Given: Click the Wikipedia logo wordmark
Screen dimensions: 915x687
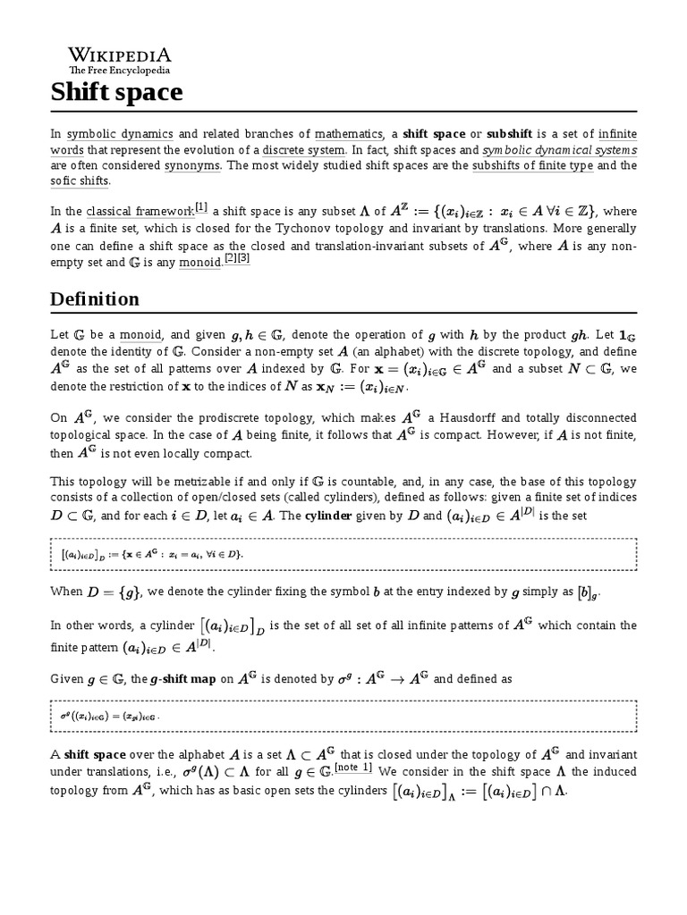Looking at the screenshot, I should [120, 55].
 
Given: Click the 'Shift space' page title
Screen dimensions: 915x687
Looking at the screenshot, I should [116, 91].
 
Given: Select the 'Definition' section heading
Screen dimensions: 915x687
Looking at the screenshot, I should [94, 298].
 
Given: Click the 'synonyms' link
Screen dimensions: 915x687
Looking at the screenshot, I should [189, 165].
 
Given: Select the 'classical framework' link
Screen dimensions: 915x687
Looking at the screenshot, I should [140, 212].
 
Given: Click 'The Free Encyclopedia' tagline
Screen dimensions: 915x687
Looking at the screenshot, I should [120, 70].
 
